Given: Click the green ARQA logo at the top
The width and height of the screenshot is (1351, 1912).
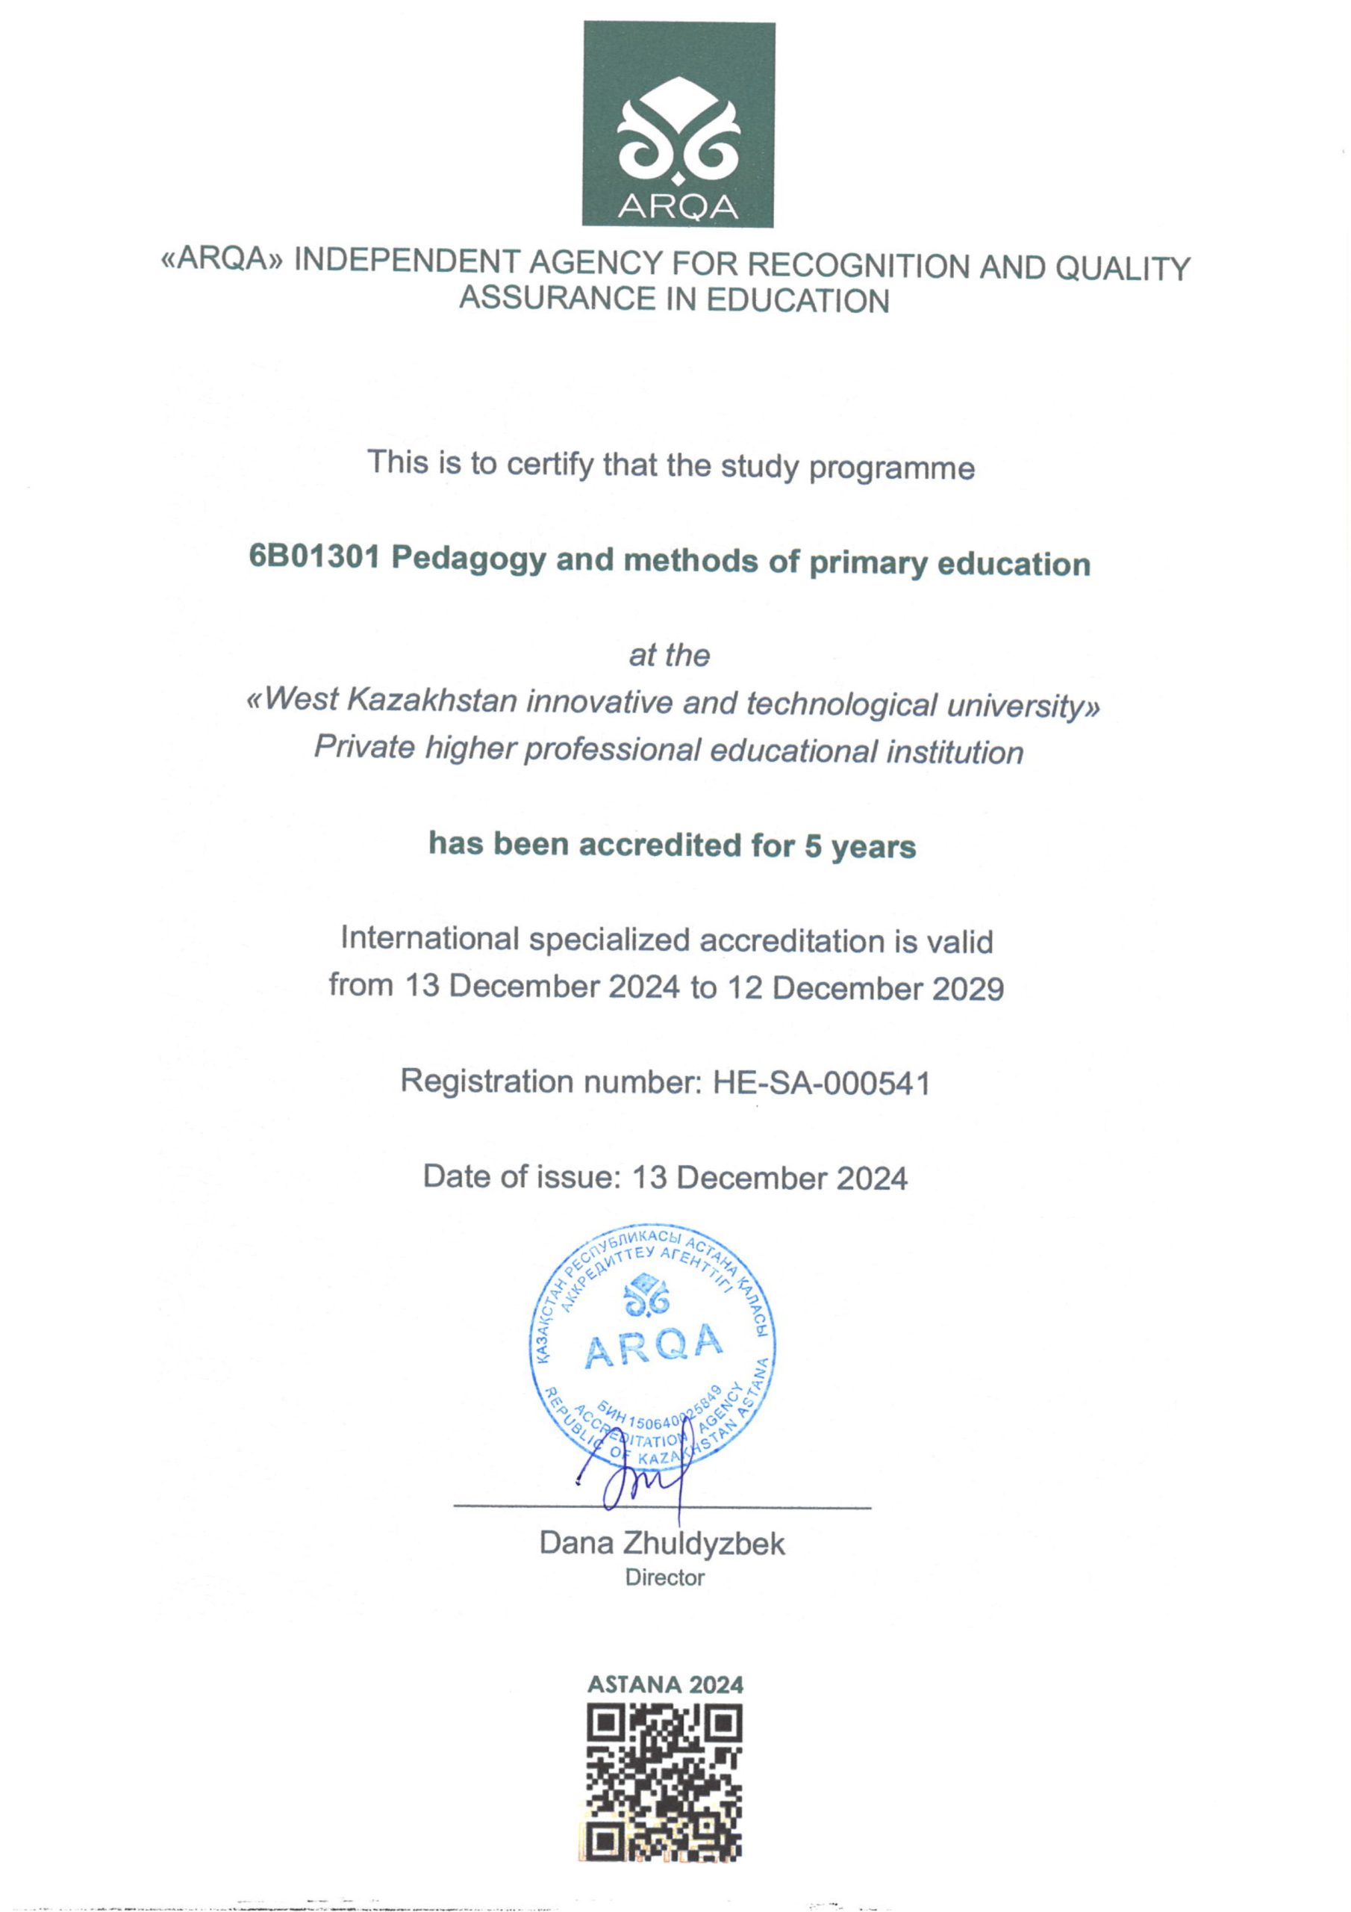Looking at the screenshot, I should tap(678, 124).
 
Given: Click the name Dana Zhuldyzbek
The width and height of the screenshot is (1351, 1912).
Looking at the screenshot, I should tap(662, 1543).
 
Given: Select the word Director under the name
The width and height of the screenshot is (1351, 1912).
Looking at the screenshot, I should tap(664, 1578).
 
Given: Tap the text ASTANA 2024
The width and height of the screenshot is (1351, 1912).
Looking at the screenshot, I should tap(664, 1685).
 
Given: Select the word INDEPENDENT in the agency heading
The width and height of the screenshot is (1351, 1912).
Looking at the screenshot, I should tap(408, 262).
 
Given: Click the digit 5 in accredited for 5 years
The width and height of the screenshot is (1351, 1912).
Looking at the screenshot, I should tap(812, 846).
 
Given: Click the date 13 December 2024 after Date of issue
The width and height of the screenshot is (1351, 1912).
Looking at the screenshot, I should tap(769, 1179).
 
